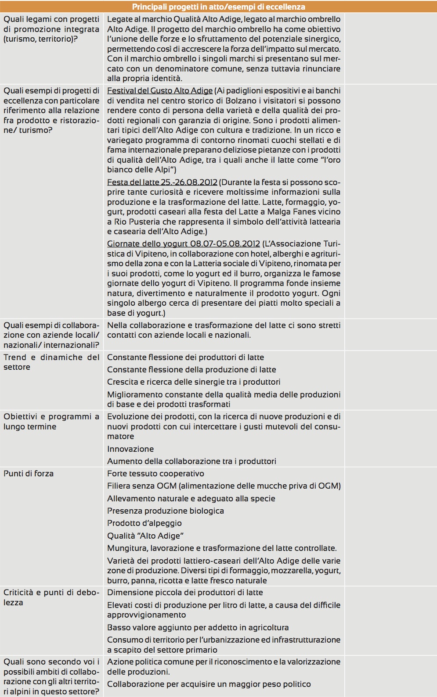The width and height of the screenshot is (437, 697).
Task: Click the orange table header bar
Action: tap(218, 7)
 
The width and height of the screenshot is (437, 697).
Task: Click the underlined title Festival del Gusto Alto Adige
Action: tap(160, 91)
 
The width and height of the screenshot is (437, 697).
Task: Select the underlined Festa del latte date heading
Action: tap(162, 182)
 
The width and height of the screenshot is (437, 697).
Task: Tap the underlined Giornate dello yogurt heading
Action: tap(184, 243)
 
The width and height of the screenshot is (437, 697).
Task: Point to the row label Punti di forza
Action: tap(29, 474)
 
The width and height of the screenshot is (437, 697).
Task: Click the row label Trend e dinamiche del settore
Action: tap(51, 362)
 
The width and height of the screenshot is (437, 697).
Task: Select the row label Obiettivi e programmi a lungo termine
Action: tap(51, 422)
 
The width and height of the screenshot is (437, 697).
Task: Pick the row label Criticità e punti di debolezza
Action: tap(51, 597)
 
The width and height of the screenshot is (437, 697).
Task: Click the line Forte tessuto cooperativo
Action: tap(155, 474)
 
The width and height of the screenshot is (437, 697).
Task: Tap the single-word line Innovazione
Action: tap(130, 449)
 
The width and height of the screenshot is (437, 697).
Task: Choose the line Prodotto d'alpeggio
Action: tap(144, 523)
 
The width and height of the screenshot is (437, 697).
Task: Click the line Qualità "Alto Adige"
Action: tap(145, 536)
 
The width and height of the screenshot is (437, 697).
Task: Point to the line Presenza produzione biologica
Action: tap(166, 511)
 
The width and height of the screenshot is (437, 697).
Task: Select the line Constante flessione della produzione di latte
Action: tap(191, 370)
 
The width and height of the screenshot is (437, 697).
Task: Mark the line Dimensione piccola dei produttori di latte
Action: tap(185, 593)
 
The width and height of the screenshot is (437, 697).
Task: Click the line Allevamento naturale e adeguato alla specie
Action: tap(191, 499)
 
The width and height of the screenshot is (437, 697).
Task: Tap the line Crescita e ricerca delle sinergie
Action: tap(194, 382)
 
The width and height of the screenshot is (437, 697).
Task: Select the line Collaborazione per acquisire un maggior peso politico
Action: tap(209, 684)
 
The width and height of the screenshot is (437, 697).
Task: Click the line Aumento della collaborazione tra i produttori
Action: tap(191, 461)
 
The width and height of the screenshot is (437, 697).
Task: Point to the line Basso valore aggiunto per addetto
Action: tap(198, 628)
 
